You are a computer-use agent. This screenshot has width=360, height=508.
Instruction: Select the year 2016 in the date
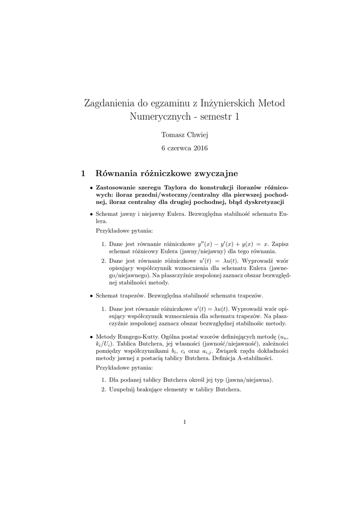point(200,148)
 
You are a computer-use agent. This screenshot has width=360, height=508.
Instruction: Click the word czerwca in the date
point(179,148)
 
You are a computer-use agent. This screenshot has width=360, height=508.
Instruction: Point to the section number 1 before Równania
point(83,173)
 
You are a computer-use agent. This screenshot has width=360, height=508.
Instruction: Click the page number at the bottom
point(184,422)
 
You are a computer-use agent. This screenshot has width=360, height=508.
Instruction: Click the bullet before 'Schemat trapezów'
point(91,296)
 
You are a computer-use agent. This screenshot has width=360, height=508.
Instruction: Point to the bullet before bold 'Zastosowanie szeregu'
point(91,189)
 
